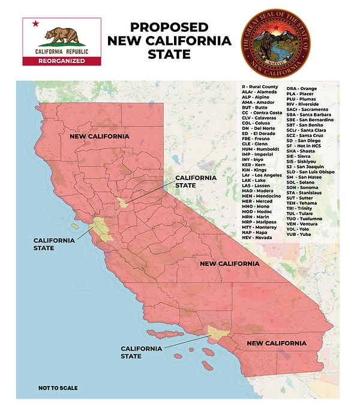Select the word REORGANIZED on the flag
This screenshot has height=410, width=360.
coord(61,61)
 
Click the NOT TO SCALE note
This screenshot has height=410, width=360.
coord(58,388)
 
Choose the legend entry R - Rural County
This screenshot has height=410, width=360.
coord(260,87)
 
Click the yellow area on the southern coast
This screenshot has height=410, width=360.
coord(217,332)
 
